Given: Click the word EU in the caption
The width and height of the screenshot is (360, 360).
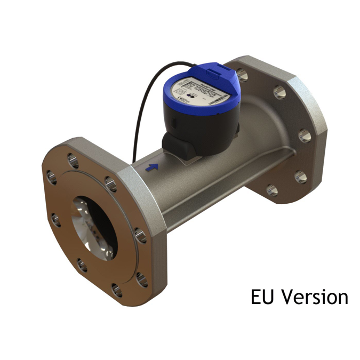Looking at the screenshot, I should [263, 297].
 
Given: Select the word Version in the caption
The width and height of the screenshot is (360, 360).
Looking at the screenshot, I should [315, 297].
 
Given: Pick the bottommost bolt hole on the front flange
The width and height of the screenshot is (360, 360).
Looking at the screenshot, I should [116, 291].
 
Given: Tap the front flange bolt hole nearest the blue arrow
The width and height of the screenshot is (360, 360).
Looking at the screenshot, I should [110, 185].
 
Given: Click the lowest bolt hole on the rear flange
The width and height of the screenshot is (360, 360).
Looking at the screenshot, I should [272, 189].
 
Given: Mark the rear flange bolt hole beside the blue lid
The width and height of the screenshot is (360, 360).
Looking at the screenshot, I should [243, 75].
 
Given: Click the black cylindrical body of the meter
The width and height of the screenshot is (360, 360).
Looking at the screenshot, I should [203, 128].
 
